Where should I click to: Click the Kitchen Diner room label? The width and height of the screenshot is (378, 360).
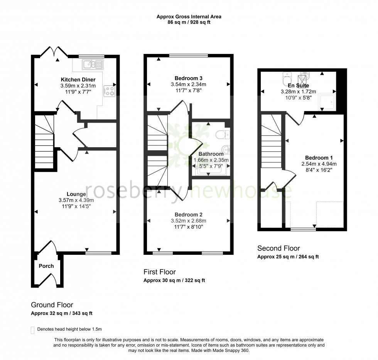click(x=75, y=80)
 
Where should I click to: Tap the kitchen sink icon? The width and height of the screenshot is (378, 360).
click(x=92, y=64)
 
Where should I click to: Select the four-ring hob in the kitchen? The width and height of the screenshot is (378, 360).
click(x=109, y=91)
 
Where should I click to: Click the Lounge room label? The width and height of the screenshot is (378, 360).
click(x=76, y=194)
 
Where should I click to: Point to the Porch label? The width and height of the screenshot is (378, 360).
click(x=46, y=266)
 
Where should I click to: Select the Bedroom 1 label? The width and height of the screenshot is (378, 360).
click(x=319, y=158)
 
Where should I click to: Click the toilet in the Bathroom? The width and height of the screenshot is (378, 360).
click(x=223, y=135)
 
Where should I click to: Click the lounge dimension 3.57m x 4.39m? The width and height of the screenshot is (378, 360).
click(x=76, y=200)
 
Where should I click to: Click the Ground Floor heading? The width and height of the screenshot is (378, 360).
click(x=52, y=305)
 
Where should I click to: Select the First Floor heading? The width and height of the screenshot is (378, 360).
click(x=160, y=272)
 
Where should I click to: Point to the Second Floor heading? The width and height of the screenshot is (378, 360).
click(x=278, y=248)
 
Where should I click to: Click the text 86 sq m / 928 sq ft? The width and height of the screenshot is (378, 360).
click(x=189, y=22)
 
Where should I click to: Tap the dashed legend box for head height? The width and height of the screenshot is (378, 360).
click(x=32, y=330)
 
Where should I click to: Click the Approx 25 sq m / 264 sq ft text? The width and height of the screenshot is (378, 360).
click(x=288, y=257)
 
